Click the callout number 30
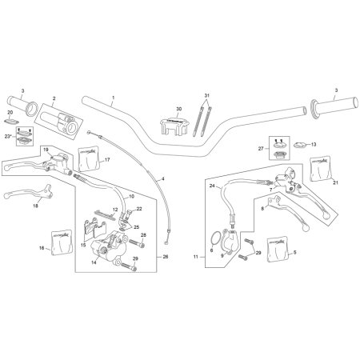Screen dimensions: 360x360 [178, 109]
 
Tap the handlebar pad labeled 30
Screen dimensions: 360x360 [174, 126]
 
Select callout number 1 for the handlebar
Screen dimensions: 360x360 [113, 98]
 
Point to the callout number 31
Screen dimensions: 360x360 [207, 95]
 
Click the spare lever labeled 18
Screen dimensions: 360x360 [29, 194]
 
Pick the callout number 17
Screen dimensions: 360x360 [107, 160]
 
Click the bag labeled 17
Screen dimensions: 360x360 [89, 158]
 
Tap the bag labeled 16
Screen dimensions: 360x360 [62, 242]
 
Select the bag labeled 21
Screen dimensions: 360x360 [320, 169]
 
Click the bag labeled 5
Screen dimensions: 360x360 [278, 249]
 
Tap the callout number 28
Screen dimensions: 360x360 [143, 235]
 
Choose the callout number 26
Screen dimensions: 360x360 [166, 257]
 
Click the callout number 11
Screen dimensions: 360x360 [196, 257]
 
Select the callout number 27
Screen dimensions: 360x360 [261, 149]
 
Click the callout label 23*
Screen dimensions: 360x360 [9, 136]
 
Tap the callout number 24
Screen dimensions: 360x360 [212, 186]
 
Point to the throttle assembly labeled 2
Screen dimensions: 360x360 [60, 122]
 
